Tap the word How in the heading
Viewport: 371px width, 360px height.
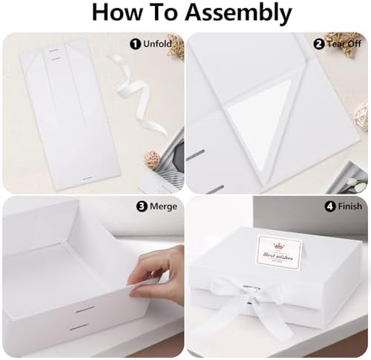click(x=119, y=13)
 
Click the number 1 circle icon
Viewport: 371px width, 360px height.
click(x=136, y=45)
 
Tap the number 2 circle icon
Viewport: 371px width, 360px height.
click(x=318, y=45)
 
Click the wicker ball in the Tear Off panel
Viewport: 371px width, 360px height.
click(x=361, y=115)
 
